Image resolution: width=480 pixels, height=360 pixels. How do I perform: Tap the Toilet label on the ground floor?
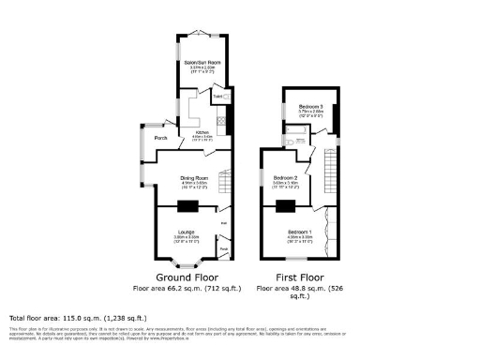click(217, 97)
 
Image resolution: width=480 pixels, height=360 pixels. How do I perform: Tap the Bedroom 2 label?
click(285, 177)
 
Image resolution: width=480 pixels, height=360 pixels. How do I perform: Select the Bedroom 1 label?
click(300, 231)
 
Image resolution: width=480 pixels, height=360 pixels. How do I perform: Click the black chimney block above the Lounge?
click(186, 206)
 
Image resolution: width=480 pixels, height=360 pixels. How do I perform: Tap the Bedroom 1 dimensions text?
click(300, 237)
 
